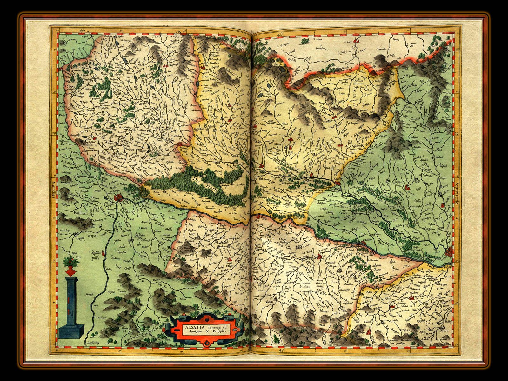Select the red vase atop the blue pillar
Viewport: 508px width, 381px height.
coord(71,271)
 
